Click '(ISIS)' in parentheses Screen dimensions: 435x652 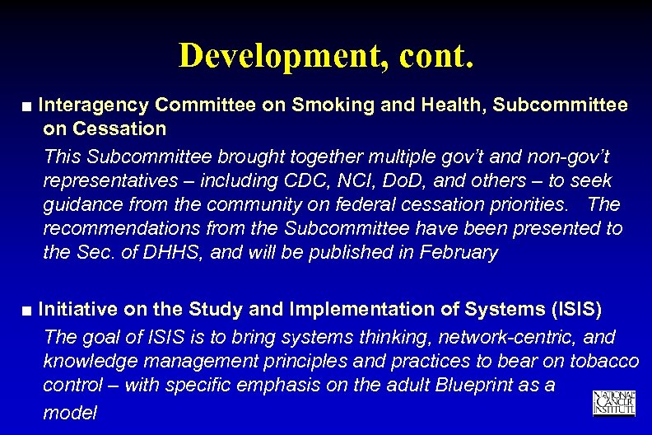tap(575, 310)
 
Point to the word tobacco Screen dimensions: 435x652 tap(605, 362)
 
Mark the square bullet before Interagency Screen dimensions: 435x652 tap(28, 107)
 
